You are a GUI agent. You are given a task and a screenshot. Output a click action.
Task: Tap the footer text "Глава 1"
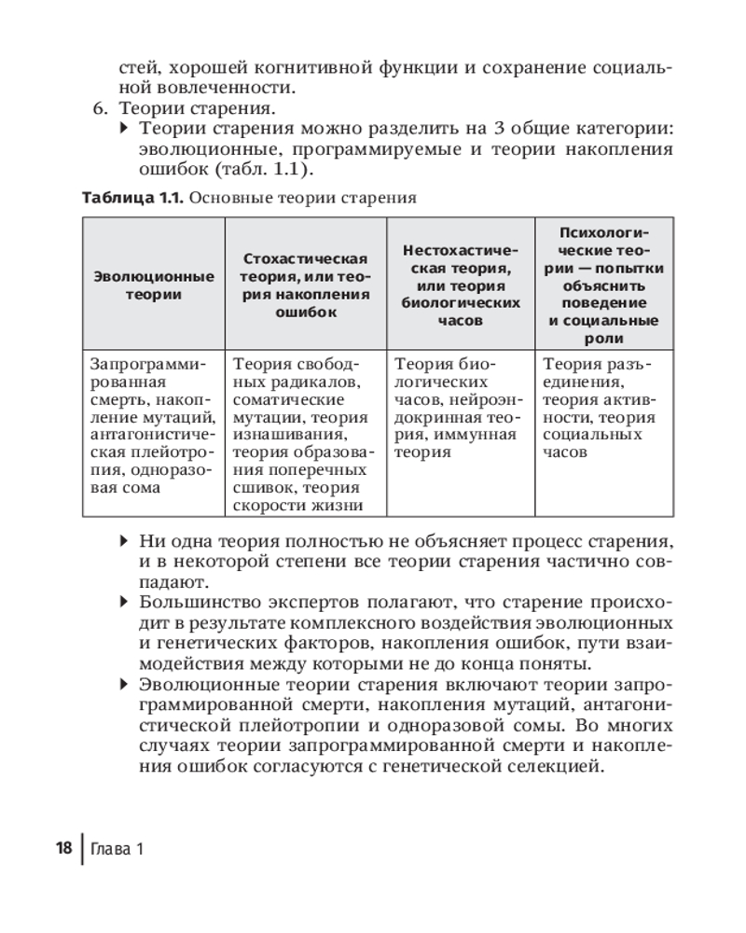117,849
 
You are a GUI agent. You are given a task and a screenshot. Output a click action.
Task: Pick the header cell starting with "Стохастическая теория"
305,285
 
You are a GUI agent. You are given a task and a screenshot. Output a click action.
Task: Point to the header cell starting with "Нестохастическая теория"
460,285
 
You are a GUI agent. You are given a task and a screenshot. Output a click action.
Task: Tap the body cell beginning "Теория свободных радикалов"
305,434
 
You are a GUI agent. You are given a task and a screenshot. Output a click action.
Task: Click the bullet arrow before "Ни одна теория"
126,541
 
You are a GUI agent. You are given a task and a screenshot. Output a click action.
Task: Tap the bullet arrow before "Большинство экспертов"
126,603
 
